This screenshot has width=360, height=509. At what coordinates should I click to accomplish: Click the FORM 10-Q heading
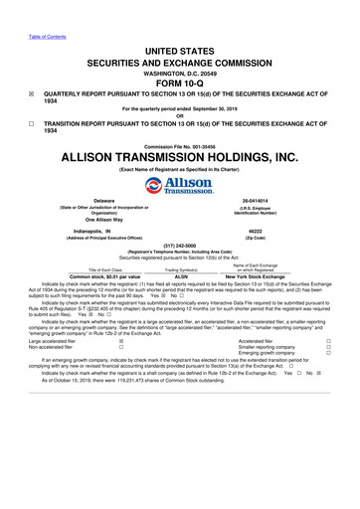click(180, 83)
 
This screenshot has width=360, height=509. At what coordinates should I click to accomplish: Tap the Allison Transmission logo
click(180, 188)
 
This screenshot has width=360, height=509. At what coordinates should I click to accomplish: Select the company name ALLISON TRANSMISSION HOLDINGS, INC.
click(180, 157)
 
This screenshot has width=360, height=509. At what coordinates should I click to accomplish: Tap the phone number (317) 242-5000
click(180, 248)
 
